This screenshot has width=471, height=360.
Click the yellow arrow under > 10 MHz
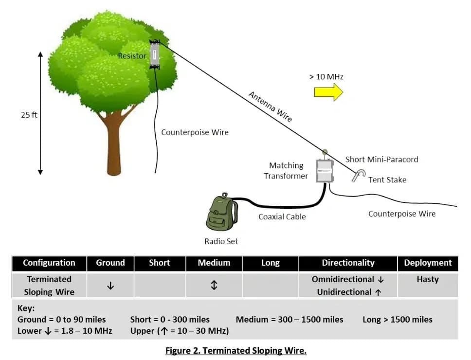[x=328, y=91]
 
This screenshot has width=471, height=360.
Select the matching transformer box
[x=323, y=170]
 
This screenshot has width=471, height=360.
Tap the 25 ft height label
[x=29, y=115]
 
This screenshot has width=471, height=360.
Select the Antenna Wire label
[x=271, y=106]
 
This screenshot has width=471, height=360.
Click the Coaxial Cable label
[x=282, y=216]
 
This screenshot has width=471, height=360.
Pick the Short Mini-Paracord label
[x=381, y=159]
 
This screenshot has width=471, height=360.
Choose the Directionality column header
[x=348, y=263]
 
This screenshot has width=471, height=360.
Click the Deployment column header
[x=428, y=263]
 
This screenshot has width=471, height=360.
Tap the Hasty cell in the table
[x=428, y=279]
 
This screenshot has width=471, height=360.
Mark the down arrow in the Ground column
[x=110, y=286]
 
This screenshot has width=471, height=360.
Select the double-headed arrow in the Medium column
[x=214, y=286]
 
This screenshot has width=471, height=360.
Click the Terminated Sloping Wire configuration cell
[x=49, y=286]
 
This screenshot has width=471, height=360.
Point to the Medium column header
[x=214, y=263]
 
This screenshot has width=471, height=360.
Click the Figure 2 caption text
[x=235, y=350]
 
